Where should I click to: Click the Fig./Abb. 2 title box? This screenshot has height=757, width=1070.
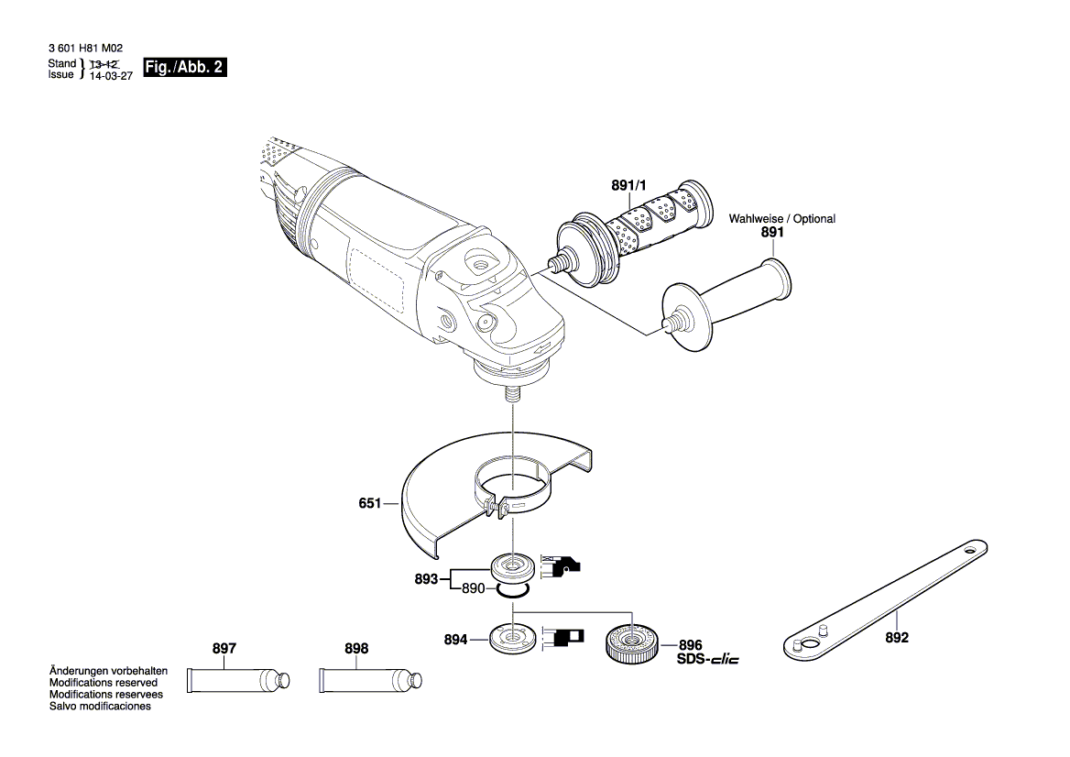tap(184, 67)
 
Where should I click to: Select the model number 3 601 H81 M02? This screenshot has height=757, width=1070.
tap(86, 49)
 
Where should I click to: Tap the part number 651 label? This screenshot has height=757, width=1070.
tap(370, 504)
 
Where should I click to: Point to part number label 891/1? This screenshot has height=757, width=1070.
tap(628, 185)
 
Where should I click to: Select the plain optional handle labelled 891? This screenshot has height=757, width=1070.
tap(727, 304)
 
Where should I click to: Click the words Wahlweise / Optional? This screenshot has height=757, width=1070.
tap(782, 218)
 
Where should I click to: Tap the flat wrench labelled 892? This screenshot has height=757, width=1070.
tap(885, 600)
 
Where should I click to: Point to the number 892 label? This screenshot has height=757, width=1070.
tap(897, 638)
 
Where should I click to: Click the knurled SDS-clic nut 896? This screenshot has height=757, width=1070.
tap(630, 643)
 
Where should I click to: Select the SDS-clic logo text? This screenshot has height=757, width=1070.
tap(707, 659)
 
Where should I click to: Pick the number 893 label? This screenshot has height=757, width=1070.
tap(426, 579)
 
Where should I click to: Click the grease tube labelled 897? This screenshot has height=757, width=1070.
tap(238, 680)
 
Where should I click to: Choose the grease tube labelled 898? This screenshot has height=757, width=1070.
tap(370, 681)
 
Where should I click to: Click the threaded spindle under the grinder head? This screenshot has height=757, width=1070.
tap(512, 395)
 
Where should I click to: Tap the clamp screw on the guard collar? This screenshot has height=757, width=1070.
tap(493, 507)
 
